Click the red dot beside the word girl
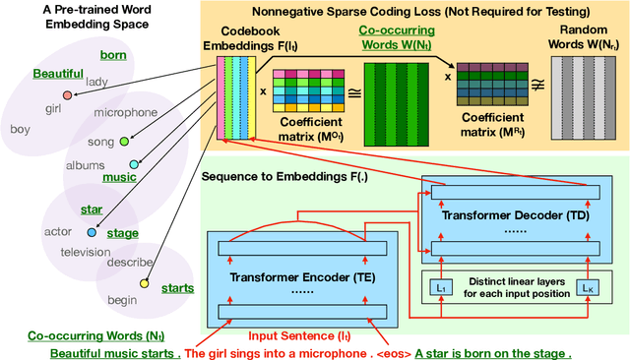(x=67, y=95)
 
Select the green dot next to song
(x=125, y=141)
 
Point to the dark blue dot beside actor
(x=92, y=232)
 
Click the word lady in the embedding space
(x=96, y=83)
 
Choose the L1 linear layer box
(x=440, y=286)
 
